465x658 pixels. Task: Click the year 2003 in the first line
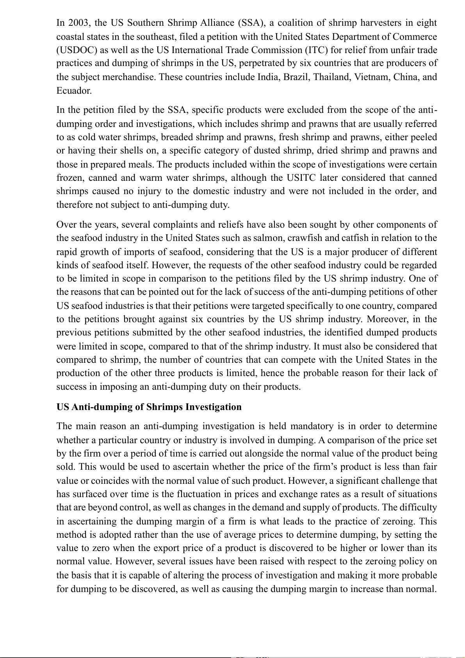78,23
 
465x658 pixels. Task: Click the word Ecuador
74,91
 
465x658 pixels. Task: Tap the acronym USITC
301,178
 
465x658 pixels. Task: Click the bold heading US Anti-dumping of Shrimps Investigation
149,407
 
